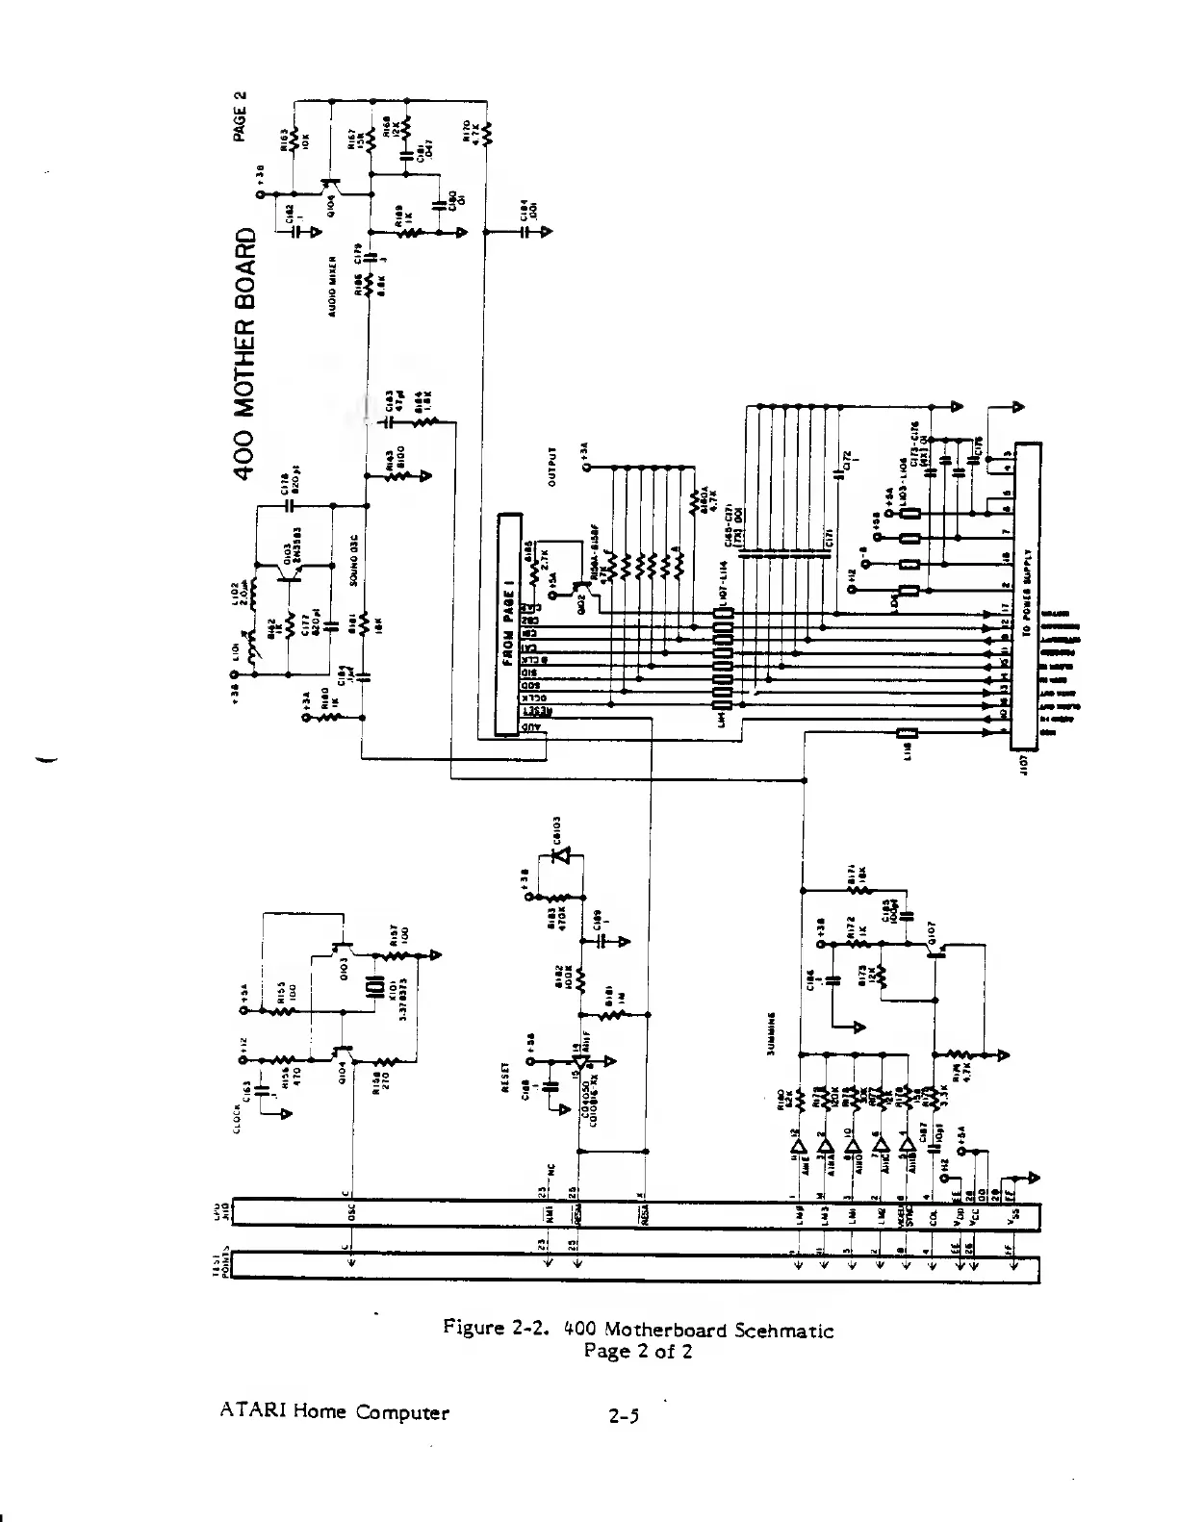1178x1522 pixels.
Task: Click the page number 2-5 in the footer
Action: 624,1415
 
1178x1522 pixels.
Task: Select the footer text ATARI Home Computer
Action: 334,1412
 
